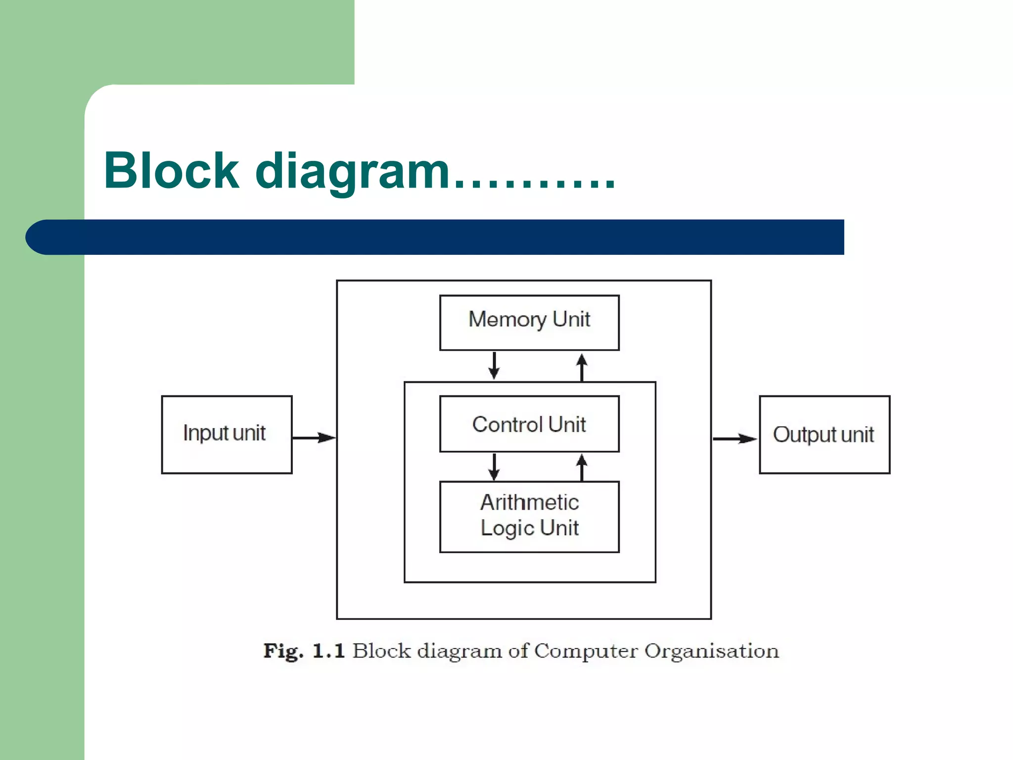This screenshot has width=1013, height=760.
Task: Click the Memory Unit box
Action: (x=529, y=323)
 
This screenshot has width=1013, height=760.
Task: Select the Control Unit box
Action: (x=529, y=424)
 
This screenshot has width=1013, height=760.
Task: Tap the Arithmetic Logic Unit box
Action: (x=529, y=517)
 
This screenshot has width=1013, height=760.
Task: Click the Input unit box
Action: (x=227, y=434)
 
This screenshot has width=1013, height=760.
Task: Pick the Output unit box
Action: (x=824, y=434)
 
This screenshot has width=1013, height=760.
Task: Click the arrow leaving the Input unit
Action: (x=314, y=437)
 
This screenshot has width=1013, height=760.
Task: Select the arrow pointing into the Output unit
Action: (x=735, y=438)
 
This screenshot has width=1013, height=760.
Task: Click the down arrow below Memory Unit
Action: (x=494, y=366)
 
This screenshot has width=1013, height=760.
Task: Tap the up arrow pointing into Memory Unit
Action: (x=582, y=367)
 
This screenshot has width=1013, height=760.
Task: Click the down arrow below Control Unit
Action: (x=494, y=467)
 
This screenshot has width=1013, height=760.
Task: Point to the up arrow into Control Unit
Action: (x=582, y=467)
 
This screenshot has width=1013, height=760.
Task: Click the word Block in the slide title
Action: (x=171, y=171)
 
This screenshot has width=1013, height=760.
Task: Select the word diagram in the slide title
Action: (x=352, y=172)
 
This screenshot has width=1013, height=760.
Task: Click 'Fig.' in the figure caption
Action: (x=283, y=651)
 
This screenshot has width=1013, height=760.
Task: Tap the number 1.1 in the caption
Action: (x=328, y=651)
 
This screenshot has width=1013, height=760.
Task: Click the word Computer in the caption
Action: (x=586, y=651)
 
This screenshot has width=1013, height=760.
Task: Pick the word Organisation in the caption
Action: (x=711, y=651)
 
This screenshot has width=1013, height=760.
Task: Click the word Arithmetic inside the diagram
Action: (x=529, y=502)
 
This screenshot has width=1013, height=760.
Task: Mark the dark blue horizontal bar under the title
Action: (x=435, y=237)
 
